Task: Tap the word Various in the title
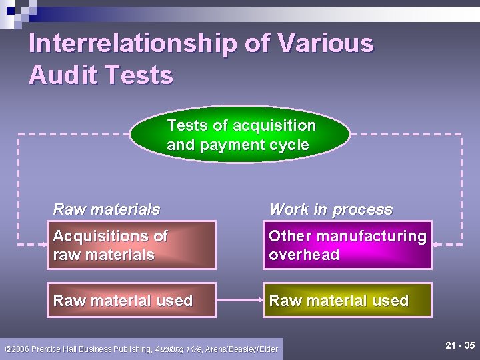tap(325, 44)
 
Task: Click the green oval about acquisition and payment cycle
tap(240, 135)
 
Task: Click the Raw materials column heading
tap(107, 209)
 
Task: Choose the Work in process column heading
tap(331, 209)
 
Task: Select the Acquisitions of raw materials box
tap(131, 245)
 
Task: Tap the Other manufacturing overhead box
tap(347, 245)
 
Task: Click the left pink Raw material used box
tap(131, 301)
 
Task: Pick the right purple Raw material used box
tap(347, 301)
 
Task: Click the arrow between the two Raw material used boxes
tap(240, 301)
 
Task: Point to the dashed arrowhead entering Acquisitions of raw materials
tap(41, 245)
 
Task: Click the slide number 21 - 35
tap(460, 345)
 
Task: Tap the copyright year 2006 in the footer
tap(22, 349)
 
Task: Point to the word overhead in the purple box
tap(304, 255)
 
